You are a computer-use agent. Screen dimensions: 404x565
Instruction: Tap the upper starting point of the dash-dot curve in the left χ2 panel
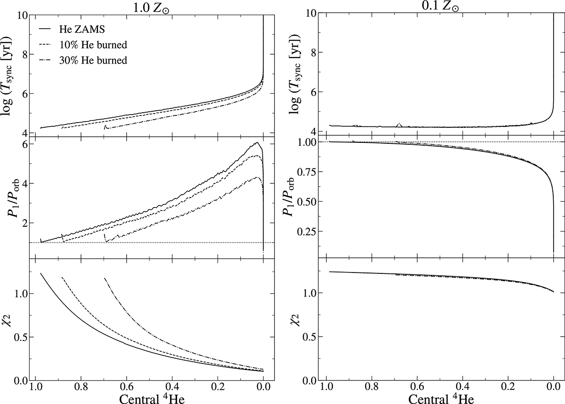105,279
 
